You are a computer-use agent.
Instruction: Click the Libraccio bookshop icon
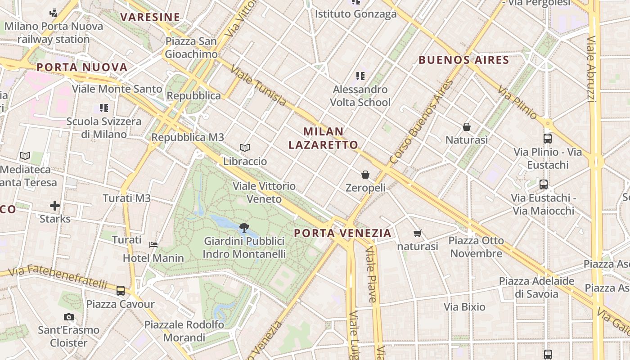[245, 148]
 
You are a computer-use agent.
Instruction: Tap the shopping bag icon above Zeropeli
[365, 174]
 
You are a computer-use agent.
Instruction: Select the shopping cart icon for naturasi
[417, 233]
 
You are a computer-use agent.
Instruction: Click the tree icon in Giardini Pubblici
[244, 227]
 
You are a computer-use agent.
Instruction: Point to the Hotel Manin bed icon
[153, 245]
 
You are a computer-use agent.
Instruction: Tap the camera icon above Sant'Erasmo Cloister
[68, 317]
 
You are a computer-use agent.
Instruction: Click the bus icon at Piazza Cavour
[120, 291]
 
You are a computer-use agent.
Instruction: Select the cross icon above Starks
[55, 206]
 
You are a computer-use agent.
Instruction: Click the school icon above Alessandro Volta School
[360, 76]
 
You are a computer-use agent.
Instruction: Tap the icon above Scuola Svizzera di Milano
[104, 108]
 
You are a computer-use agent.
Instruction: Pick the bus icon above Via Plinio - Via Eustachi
[548, 139]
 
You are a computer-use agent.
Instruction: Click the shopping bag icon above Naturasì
[467, 127]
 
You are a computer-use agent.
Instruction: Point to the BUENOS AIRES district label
[463, 60]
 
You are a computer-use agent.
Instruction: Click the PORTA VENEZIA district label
[342, 233]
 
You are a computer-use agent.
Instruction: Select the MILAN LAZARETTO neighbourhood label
[323, 138]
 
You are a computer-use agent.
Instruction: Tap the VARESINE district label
[150, 18]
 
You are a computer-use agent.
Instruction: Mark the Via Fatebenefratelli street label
[58, 277]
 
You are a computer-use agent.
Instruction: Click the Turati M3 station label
[126, 198]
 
